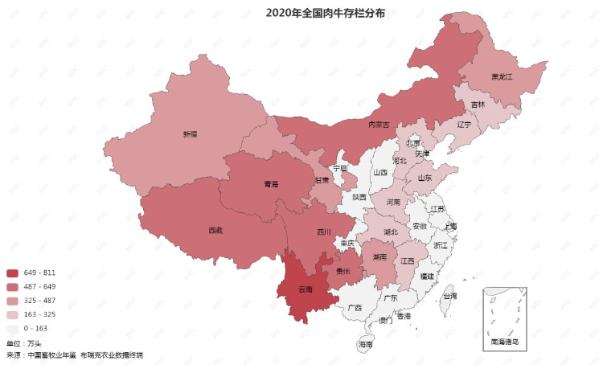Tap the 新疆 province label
[x=190, y=134]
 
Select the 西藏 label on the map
[x=215, y=230]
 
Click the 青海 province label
[x=271, y=184]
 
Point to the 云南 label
[x=306, y=289]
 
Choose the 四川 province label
[x=323, y=232]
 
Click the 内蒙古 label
[x=379, y=125]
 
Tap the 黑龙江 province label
[x=502, y=77]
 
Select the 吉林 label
[x=478, y=105]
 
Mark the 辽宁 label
[x=465, y=125]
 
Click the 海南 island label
[x=366, y=344]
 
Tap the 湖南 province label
[x=379, y=257]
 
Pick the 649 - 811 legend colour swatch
[x=12, y=273]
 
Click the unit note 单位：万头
[x=23, y=343]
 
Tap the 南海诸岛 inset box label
[x=505, y=342]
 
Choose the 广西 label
[x=355, y=307]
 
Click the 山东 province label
[x=424, y=178]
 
